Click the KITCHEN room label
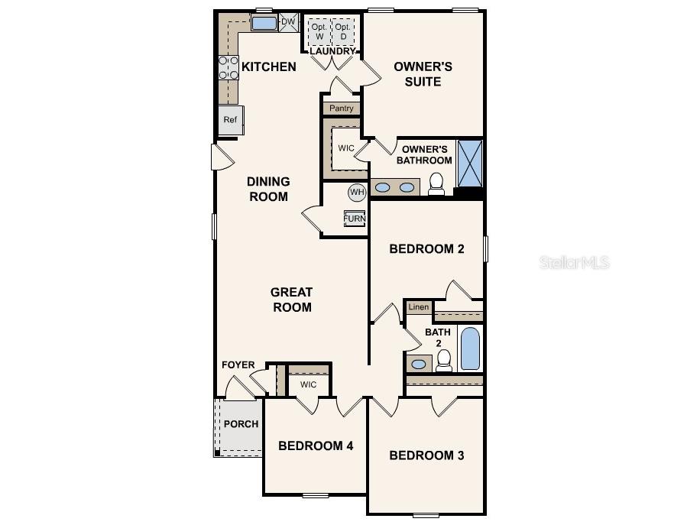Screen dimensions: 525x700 click(269, 67)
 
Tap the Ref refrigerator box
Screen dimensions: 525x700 click(230, 120)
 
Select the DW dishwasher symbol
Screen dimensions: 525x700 click(288, 22)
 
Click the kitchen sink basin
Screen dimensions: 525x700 click(264, 23)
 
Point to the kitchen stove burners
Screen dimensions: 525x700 click(228, 68)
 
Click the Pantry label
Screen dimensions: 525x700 click(342, 109)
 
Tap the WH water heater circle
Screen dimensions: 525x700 click(357, 192)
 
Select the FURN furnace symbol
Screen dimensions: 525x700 click(355, 219)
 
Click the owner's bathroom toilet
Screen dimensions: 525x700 click(436, 184)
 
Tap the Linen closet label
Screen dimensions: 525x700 click(418, 307)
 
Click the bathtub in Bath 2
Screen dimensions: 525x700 click(470, 348)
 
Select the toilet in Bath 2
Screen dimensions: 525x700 click(444, 360)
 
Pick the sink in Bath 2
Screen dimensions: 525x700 click(419, 364)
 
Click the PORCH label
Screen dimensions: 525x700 click(241, 424)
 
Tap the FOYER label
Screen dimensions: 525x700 click(238, 365)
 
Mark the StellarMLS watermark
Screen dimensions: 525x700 click(575, 263)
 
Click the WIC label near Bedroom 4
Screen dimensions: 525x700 click(308, 384)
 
